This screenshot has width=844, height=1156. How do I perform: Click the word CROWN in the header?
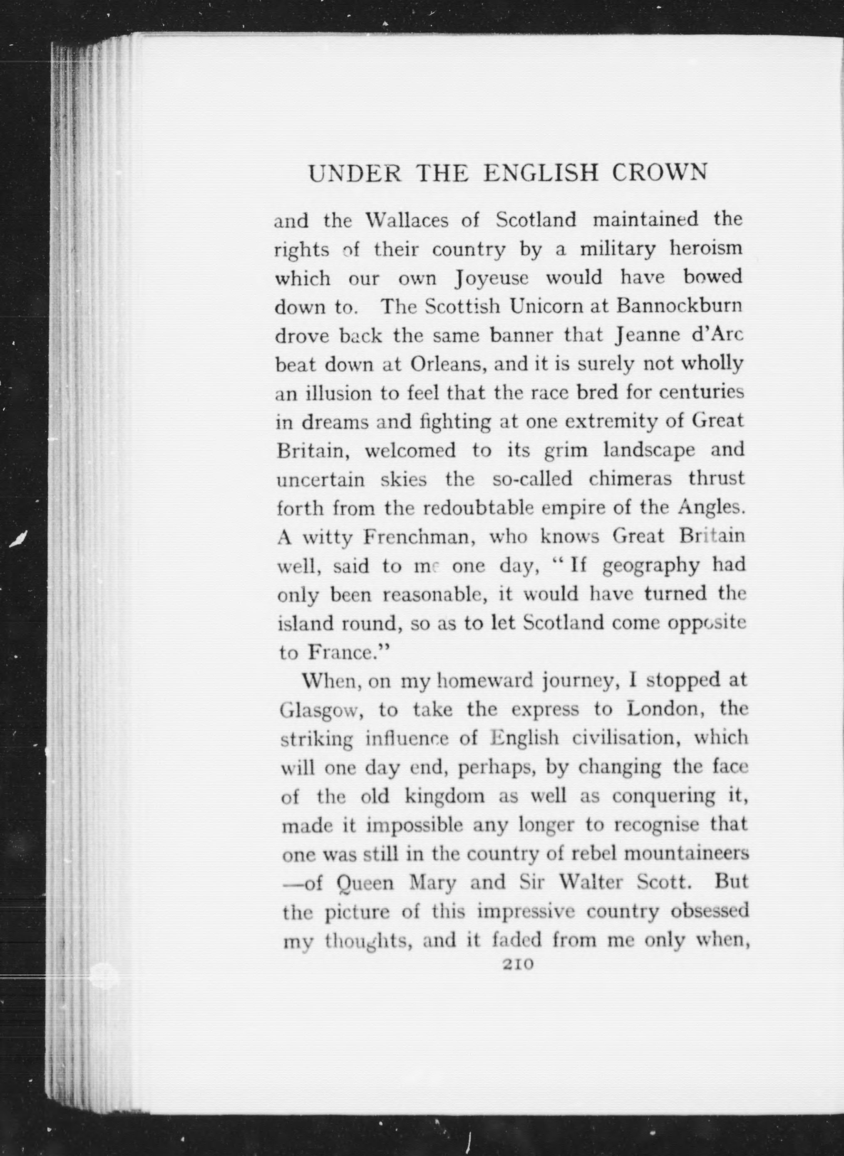659,173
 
